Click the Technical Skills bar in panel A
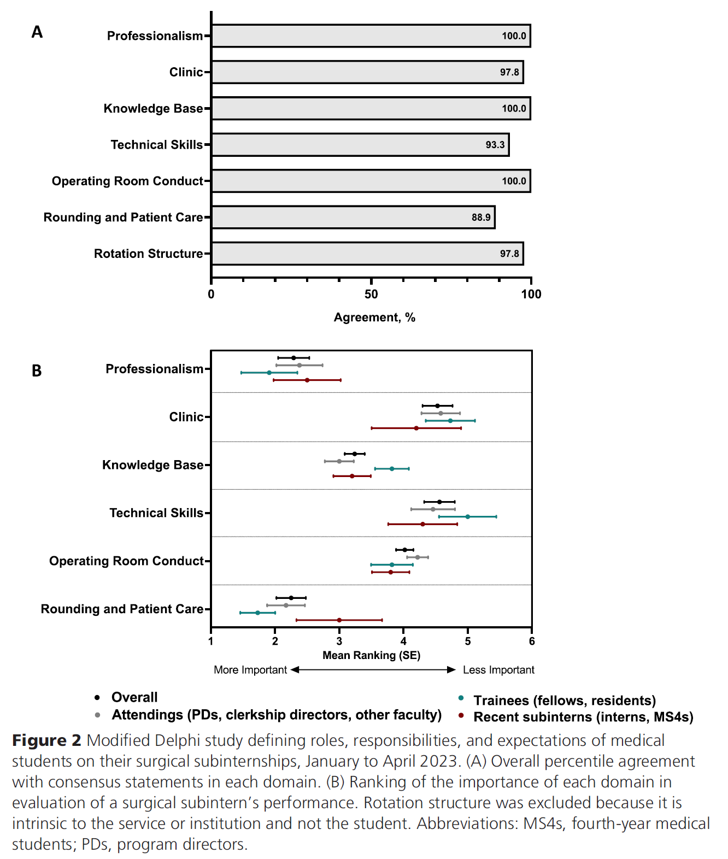(360, 145)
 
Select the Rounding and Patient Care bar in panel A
(353, 217)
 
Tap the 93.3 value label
(495, 145)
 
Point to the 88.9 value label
(481, 217)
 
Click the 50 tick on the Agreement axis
(371, 295)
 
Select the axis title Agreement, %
(374, 317)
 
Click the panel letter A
(37, 32)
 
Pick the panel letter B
(37, 371)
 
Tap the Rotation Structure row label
(148, 254)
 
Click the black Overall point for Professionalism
(293, 358)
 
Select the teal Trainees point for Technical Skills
(467, 516)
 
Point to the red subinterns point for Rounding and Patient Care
(339, 620)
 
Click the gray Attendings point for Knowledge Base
(339, 461)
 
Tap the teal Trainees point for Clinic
(450, 421)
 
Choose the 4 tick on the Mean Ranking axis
(403, 642)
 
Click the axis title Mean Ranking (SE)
(371, 655)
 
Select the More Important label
(250, 670)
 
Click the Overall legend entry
(134, 697)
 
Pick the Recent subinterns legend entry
(583, 717)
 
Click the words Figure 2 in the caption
(46, 740)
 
